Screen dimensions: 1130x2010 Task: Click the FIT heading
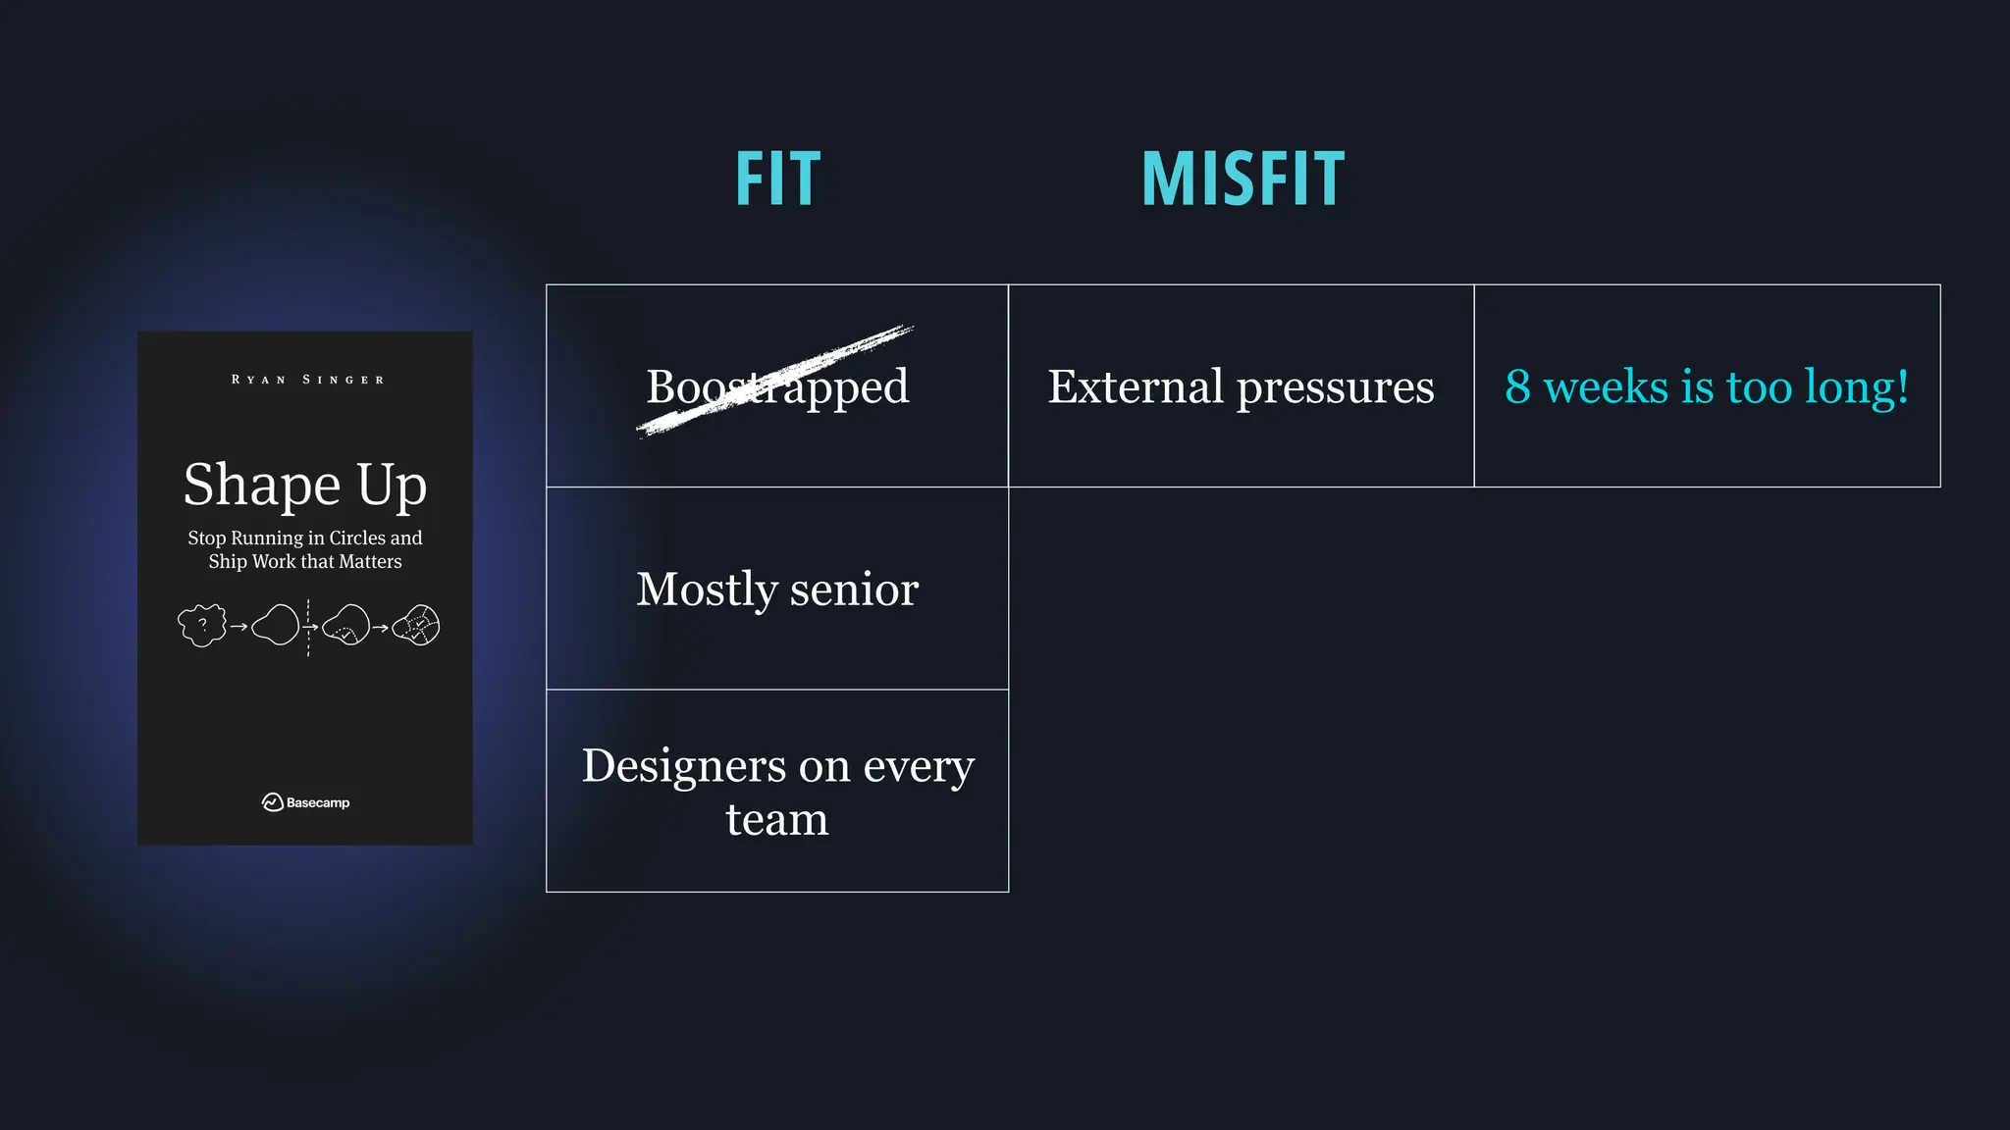click(x=777, y=180)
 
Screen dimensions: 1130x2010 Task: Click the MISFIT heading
click(x=1243, y=180)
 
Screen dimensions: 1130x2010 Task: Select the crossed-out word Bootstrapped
click(x=777, y=385)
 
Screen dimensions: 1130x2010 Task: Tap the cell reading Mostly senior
click(x=777, y=589)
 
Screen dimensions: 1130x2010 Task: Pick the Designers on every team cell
click(x=777, y=791)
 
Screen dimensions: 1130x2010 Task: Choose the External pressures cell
click(x=1241, y=385)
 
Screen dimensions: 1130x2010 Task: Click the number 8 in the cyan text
click(x=1517, y=386)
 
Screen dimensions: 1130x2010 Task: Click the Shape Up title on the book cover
click(x=305, y=485)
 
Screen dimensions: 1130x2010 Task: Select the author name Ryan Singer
click(x=307, y=380)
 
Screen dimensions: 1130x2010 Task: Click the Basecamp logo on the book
click(x=305, y=802)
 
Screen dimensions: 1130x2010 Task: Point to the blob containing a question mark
click(x=202, y=625)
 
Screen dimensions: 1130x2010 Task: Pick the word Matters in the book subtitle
click(x=370, y=561)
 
